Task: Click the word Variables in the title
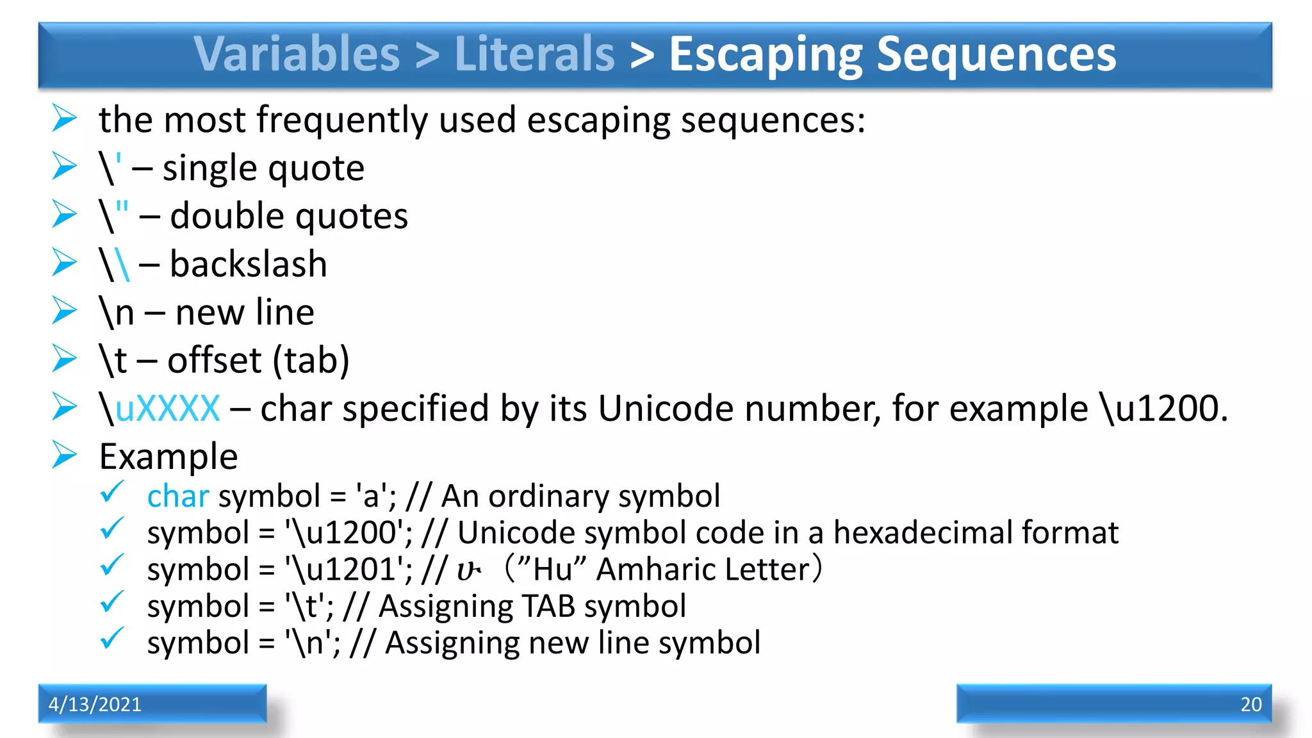[297, 54]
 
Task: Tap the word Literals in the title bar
[534, 54]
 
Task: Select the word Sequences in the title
[996, 54]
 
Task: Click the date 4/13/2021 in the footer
[95, 704]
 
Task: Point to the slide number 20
[1250, 704]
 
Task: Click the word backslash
[249, 264]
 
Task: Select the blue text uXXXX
[168, 408]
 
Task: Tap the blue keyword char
[178, 496]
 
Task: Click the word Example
[168, 456]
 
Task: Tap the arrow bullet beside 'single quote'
[65, 167]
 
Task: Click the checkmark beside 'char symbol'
[112, 492]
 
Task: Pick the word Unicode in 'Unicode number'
[666, 408]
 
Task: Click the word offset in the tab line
[215, 360]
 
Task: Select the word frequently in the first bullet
[341, 120]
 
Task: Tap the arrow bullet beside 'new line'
[65, 311]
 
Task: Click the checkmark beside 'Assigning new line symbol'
[112, 639]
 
